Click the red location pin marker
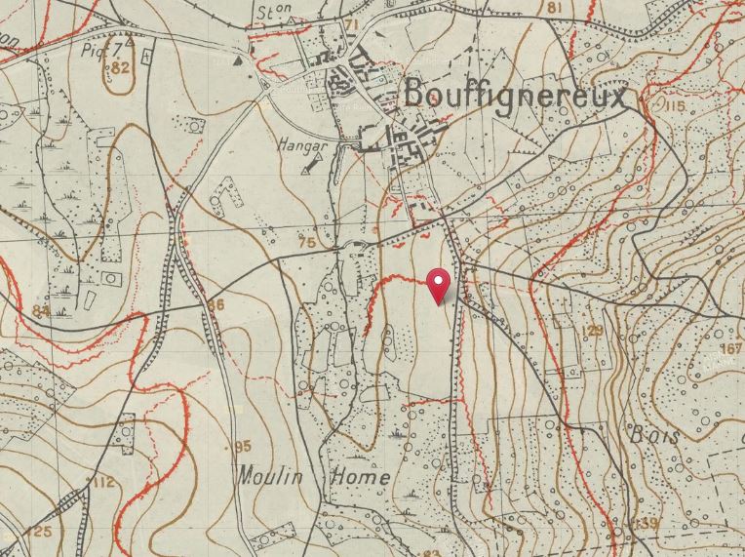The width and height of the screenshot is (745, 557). click(440, 285)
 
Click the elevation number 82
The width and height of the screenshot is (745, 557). click(121, 67)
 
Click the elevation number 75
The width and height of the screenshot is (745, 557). click(307, 242)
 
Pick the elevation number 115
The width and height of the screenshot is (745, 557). click(673, 105)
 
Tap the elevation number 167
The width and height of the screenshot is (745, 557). click(731, 349)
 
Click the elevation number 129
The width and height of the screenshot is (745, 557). click(592, 331)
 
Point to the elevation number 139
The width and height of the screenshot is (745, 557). click(647, 525)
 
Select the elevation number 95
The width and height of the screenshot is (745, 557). click(244, 447)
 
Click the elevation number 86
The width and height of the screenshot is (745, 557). click(216, 305)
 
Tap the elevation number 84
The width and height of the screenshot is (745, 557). click(40, 311)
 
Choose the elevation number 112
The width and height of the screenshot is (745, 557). click(103, 483)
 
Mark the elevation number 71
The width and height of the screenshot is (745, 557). click(352, 24)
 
